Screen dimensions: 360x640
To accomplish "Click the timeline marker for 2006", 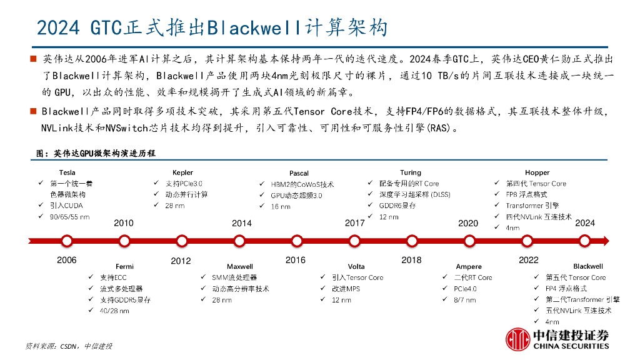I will pos(66,241).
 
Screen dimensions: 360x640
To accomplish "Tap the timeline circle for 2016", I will pos(296,241).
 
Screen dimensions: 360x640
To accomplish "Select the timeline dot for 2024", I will pos(584,241).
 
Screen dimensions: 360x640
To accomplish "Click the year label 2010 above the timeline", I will pos(124,223).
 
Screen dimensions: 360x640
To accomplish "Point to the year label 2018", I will pos(411,260).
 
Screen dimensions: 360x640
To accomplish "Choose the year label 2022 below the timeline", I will pos(528,260).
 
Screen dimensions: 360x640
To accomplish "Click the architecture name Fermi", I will pos(124,266).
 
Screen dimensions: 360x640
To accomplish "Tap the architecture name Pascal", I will pos(299,173).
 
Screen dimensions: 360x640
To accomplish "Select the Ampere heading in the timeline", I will pos(469,266).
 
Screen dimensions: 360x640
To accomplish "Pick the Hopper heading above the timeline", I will pos(537,172).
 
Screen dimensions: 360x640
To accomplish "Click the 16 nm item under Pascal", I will pos(280,206).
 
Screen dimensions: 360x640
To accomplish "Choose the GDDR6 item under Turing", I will pos(397,206).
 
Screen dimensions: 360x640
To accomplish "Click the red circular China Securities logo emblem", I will pos(517,339).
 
